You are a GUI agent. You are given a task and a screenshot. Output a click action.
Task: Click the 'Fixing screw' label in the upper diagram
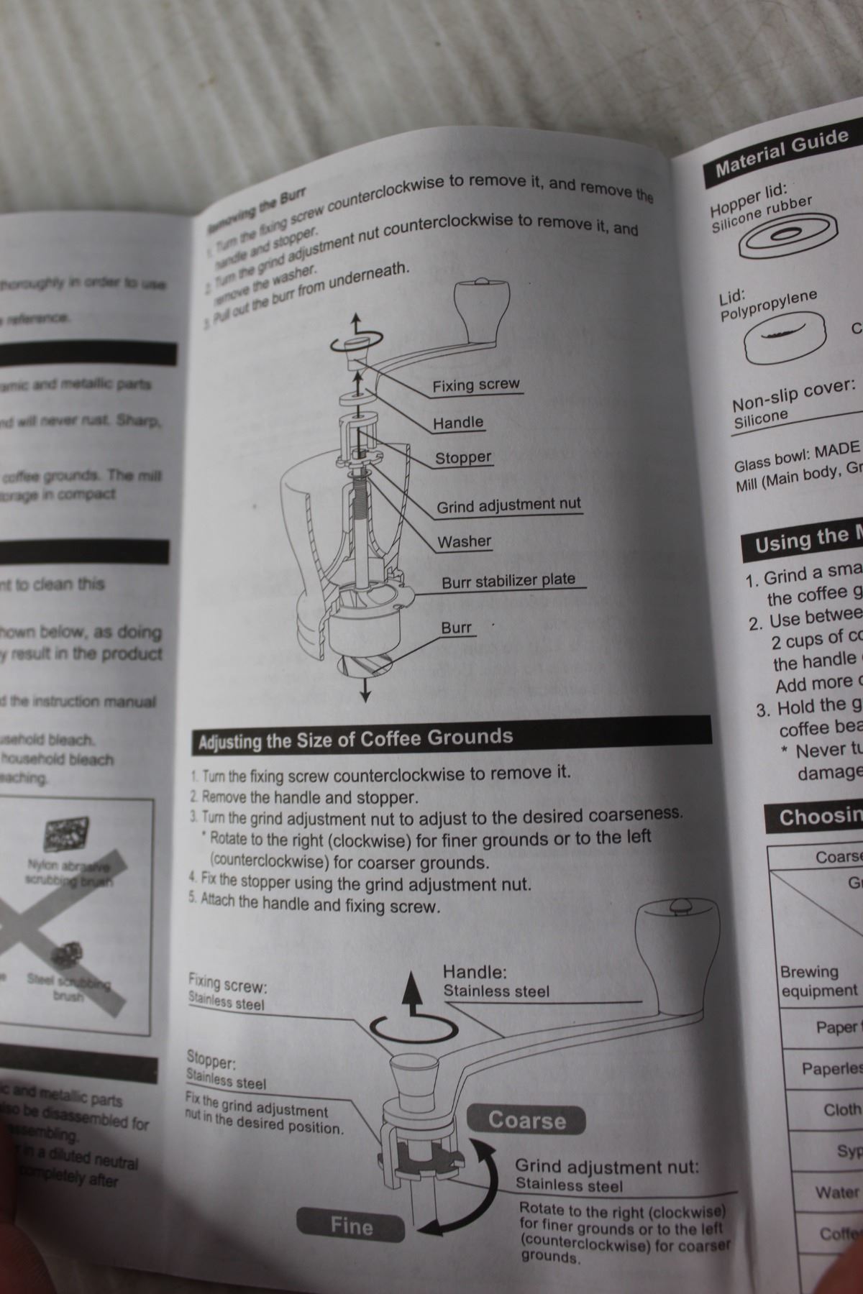pos(475,385)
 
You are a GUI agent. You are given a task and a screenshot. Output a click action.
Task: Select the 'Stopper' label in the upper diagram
pos(463,457)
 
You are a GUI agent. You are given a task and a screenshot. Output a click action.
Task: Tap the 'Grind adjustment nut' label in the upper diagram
pos(508,505)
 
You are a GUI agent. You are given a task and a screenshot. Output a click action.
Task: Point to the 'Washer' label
pos(465,541)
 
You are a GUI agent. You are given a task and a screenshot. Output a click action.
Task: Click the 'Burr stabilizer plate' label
pos(508,580)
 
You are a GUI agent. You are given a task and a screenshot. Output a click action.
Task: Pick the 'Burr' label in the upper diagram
pos(456,628)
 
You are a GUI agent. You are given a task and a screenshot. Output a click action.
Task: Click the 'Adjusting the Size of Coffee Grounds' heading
pos(355,739)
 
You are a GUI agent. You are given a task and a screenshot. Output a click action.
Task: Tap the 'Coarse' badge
pos(526,1120)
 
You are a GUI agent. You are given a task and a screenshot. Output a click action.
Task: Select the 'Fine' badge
pos(351,1225)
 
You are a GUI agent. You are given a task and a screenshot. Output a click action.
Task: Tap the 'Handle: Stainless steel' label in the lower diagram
pos(496,982)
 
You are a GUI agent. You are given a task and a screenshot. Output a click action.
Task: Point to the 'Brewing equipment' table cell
pos(818,981)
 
